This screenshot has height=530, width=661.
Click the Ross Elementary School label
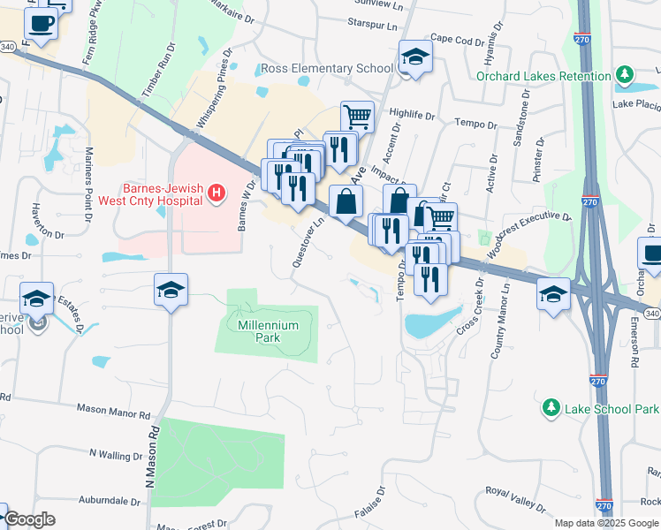tap(326, 68)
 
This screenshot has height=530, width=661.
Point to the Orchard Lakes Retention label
tap(543, 75)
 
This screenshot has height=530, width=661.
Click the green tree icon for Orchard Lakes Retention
tap(626, 73)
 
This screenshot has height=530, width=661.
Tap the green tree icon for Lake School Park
tap(551, 407)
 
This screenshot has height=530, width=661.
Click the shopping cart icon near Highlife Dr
tap(357, 116)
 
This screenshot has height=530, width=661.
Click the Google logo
tap(29, 519)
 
